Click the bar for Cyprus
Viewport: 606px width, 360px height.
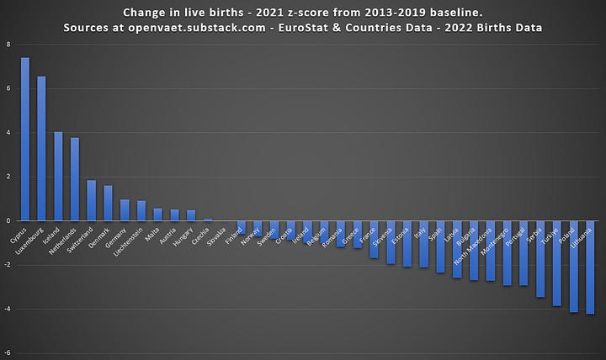coord(25,139)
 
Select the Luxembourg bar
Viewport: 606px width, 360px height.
coord(41,148)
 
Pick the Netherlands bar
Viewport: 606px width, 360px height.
coord(74,179)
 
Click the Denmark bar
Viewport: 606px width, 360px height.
coord(108,203)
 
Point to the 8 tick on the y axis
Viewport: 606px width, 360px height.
coord(8,45)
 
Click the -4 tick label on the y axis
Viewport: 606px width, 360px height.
coord(8,309)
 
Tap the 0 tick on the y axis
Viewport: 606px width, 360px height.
coord(8,220)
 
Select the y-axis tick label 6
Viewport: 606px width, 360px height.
coord(8,88)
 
